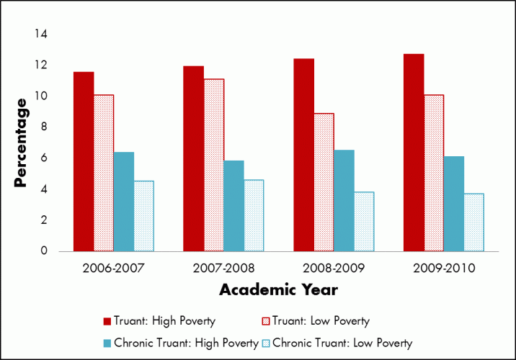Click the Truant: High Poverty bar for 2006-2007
coord(84,162)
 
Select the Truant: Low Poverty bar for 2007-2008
coord(214,166)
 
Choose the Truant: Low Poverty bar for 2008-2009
coord(324,182)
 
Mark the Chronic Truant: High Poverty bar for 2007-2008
coord(233,206)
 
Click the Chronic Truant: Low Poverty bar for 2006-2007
coord(143,216)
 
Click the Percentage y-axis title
coord(22,143)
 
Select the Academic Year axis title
coord(278,290)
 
